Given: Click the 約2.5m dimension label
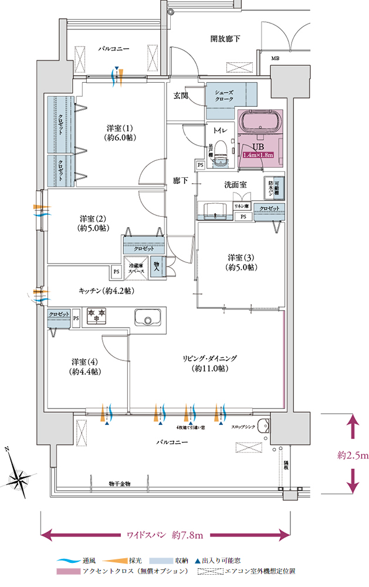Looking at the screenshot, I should (x=353, y=454).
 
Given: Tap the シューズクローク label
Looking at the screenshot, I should (x=225, y=96).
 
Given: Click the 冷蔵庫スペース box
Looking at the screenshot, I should (x=136, y=267).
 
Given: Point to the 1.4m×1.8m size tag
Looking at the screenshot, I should (x=259, y=156).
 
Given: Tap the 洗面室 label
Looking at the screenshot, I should (x=235, y=184).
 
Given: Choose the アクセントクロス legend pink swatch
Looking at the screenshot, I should (x=68, y=571).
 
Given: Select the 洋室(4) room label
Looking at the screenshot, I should (x=85, y=366).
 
